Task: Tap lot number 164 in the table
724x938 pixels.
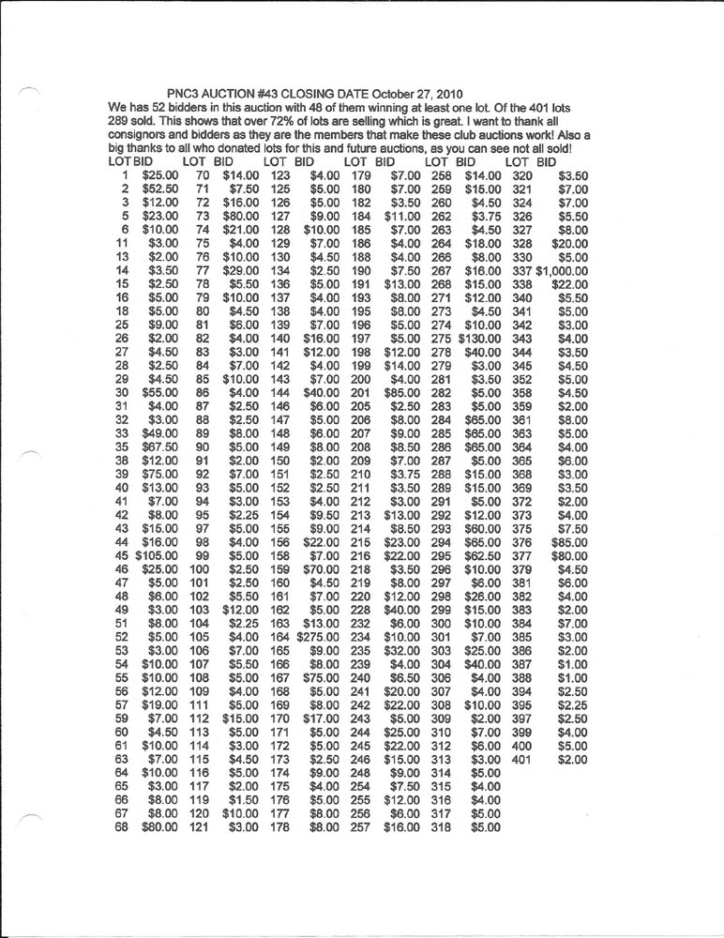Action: [x=280, y=636]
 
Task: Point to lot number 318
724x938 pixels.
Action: [x=441, y=828]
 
